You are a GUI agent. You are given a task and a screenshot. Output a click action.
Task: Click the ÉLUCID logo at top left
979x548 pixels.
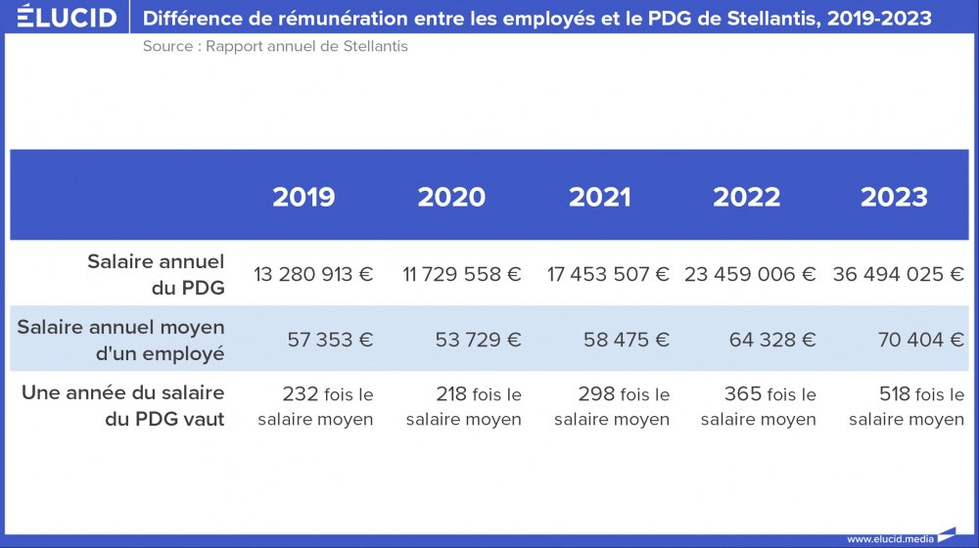(x=67, y=18)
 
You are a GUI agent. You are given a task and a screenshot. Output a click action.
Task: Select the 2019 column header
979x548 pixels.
(x=303, y=197)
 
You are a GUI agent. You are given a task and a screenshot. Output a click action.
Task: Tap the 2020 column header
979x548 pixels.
(x=451, y=197)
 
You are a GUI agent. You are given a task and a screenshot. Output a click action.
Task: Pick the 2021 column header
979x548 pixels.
(x=600, y=197)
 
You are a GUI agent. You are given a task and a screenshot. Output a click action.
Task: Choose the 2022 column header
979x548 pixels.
(x=746, y=197)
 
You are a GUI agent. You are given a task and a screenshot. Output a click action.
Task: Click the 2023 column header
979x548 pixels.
(x=894, y=197)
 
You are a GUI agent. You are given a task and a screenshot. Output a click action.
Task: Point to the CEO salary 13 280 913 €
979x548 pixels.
(x=313, y=274)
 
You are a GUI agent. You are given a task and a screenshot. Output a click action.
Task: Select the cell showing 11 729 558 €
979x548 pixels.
(x=462, y=274)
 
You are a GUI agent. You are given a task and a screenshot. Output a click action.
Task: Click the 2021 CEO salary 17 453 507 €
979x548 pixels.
(x=608, y=274)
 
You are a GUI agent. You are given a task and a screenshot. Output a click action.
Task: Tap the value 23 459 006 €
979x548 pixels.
(x=750, y=274)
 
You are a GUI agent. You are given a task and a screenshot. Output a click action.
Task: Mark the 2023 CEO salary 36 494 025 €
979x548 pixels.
(x=899, y=274)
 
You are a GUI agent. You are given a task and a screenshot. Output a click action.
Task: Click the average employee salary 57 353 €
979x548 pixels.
(x=330, y=340)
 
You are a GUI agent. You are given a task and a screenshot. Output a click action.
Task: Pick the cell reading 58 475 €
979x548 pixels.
(x=627, y=340)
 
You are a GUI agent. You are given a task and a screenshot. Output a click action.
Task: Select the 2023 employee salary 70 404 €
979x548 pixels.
(x=920, y=340)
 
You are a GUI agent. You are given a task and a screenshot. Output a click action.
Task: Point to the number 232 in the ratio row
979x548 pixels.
(x=300, y=394)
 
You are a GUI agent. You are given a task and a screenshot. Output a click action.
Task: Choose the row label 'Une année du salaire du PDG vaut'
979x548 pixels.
(x=123, y=405)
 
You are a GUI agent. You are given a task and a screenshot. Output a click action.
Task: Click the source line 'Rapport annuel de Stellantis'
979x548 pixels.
(x=275, y=47)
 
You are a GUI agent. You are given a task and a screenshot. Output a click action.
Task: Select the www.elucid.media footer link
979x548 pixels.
(x=890, y=538)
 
